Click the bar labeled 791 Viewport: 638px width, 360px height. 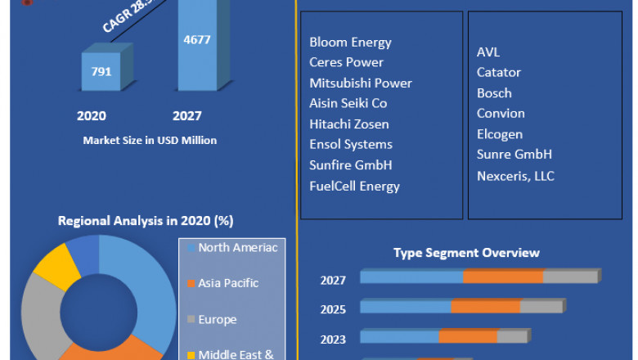(101, 71)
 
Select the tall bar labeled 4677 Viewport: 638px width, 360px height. (197, 49)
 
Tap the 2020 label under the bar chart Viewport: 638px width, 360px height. (92, 116)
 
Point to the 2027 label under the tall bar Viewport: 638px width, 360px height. (186, 116)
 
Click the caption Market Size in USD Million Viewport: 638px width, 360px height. (150, 141)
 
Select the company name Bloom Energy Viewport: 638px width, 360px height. (350, 42)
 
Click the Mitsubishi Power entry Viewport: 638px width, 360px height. (361, 83)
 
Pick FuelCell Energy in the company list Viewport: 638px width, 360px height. (354, 186)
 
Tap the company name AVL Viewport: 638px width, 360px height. (488, 52)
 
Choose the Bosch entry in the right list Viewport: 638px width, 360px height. (494, 92)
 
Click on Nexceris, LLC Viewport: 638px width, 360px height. (515, 175)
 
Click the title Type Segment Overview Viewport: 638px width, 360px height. (466, 253)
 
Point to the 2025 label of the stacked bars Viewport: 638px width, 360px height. (333, 309)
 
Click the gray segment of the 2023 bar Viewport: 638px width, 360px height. (512, 336)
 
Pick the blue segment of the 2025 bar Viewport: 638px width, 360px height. (406, 307)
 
